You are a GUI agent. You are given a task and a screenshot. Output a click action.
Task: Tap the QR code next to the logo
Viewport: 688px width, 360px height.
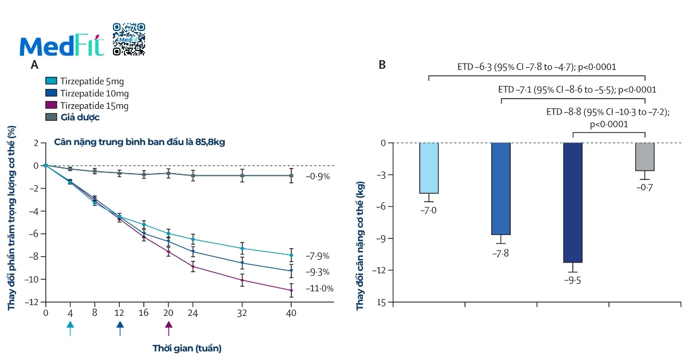[128, 39]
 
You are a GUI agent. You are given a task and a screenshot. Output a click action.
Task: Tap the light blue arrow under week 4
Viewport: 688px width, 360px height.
[70, 328]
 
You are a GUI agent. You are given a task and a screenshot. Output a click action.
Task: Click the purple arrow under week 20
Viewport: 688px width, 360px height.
[169, 328]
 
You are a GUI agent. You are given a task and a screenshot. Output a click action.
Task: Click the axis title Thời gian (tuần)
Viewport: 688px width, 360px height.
[187, 348]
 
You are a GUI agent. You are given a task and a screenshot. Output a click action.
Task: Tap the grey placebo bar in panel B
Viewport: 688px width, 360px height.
[644, 156]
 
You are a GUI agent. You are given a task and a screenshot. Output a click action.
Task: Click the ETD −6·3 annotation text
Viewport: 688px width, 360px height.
[537, 67]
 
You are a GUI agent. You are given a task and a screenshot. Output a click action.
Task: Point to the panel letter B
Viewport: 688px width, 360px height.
[382, 65]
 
